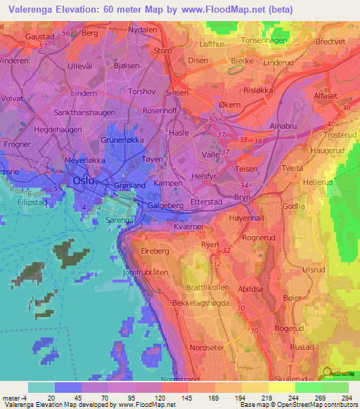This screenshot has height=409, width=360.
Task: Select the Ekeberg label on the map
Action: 156,250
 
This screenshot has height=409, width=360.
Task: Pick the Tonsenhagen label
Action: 264,41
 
